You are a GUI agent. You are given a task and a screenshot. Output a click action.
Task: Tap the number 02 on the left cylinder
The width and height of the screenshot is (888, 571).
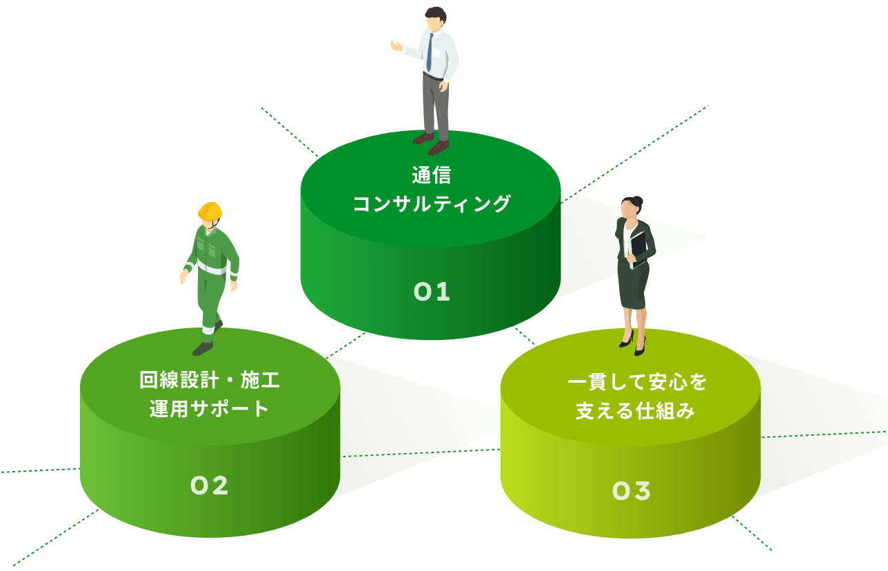click(x=209, y=486)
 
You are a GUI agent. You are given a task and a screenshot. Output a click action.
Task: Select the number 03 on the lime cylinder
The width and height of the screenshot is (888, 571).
click(x=631, y=491)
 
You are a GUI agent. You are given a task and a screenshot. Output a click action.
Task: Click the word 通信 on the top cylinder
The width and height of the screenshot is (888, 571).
click(x=432, y=176)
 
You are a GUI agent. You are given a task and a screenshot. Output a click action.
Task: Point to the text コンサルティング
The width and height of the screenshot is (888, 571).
click(x=432, y=204)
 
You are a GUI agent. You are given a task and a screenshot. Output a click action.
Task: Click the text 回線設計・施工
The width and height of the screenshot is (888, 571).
click(x=210, y=380)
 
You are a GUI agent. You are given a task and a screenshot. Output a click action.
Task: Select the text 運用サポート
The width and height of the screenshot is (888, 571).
click(x=210, y=408)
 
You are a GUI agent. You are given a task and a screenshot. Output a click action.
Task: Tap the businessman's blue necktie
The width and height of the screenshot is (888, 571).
click(x=430, y=52)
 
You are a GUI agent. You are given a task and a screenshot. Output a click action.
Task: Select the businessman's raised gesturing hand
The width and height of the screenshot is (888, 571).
click(x=396, y=46)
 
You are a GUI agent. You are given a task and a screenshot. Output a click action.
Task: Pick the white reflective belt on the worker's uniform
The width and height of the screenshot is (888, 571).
click(x=211, y=268)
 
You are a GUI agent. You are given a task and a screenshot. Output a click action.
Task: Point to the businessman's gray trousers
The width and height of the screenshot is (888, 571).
click(x=436, y=103)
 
